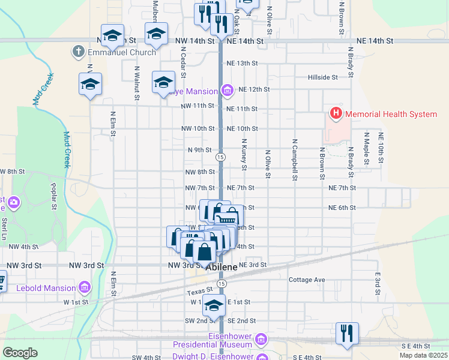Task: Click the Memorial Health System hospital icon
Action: click(336, 113)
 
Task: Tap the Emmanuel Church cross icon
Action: click(78, 52)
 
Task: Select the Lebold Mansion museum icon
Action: click(85, 288)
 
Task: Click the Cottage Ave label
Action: click(306, 280)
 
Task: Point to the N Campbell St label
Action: click(295, 160)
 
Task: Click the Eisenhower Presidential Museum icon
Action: click(261, 340)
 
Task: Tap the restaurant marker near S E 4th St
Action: click(347, 333)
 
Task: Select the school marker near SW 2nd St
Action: click(214, 305)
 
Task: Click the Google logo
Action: click(20, 353)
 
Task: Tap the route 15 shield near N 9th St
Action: click(221, 157)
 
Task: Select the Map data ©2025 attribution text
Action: click(425, 355)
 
